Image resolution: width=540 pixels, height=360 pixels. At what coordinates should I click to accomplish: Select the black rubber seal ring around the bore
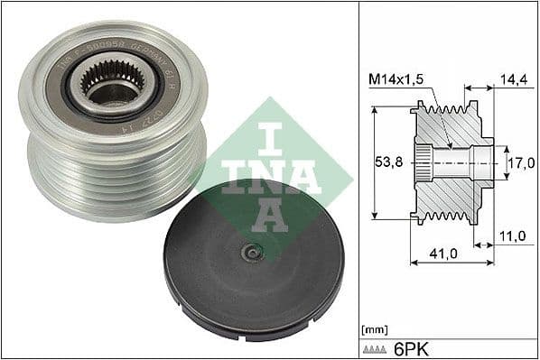(x=144, y=99)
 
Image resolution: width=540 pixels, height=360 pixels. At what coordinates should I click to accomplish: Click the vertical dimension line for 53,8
(x=373, y=163)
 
